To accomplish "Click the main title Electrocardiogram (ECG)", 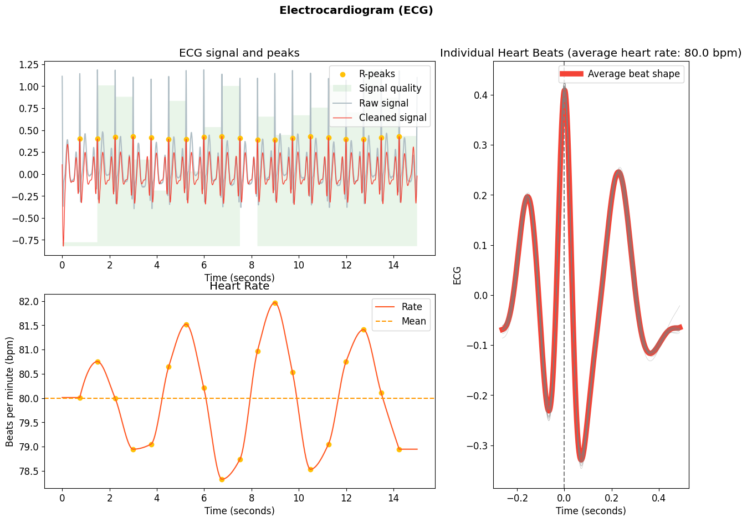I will [x=356, y=11].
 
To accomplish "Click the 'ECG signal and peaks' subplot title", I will [x=239, y=53].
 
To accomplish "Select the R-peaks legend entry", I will [x=377, y=74].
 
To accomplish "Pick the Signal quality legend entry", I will [x=390, y=89].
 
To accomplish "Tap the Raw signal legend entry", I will [x=383, y=103].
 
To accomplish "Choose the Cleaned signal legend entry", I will [x=392, y=118].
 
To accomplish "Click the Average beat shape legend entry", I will [x=633, y=74].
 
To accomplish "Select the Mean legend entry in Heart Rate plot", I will [x=413, y=322].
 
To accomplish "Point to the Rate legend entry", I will [x=412, y=307].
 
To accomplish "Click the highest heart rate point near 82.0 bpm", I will [x=275, y=303].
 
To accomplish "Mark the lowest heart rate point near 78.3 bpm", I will [x=222, y=479].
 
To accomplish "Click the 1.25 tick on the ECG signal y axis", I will [x=28, y=65].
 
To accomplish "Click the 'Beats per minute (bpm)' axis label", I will [x=10, y=392].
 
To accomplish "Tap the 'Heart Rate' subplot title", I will [x=239, y=287].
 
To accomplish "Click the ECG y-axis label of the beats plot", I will [x=457, y=275].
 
